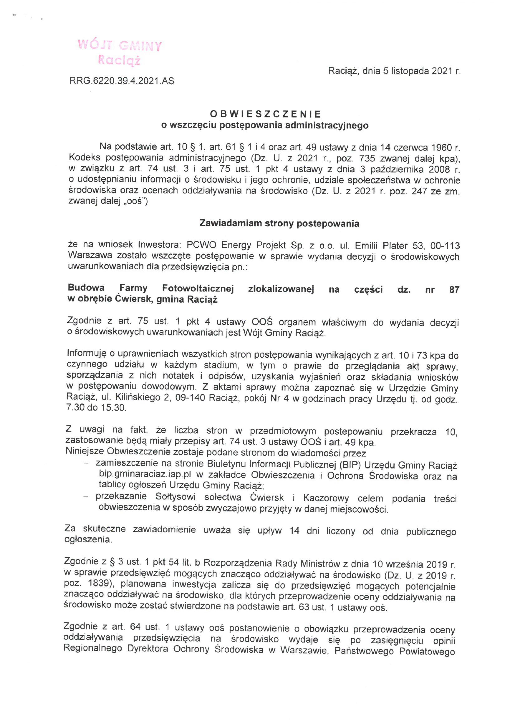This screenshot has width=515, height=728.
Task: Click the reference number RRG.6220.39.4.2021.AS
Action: (x=122, y=81)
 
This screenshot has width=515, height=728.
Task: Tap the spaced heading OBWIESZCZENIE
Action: (x=265, y=114)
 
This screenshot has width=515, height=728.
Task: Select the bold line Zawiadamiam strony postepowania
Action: (x=279, y=224)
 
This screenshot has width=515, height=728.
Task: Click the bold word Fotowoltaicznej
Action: (x=198, y=289)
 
